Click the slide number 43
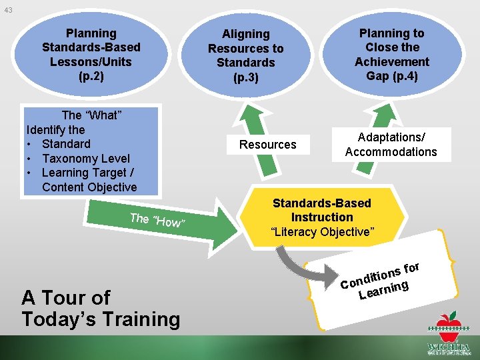click(8, 10)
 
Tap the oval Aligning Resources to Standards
click(245, 55)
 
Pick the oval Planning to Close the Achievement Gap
click(391, 53)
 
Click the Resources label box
click(268, 145)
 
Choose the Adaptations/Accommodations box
click(391, 145)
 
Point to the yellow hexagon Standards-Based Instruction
click(322, 217)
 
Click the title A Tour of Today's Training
click(101, 308)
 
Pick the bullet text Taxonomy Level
click(85, 159)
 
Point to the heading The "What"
click(91, 115)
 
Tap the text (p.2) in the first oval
click(91, 76)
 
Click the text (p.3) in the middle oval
click(245, 77)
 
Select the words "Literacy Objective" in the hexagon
click(322, 232)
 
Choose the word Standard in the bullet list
click(66, 144)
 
